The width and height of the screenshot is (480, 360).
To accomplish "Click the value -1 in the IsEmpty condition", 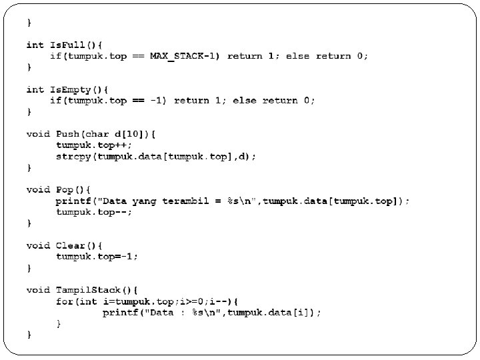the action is (157, 101).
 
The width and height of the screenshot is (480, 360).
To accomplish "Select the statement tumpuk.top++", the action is (93, 145).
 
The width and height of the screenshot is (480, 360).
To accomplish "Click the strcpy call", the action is (73, 156).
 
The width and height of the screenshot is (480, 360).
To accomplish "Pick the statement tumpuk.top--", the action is (93, 211).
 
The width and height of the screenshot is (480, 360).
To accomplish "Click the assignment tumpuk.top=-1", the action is (97, 256).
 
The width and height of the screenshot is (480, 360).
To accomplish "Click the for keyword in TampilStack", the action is (64, 301).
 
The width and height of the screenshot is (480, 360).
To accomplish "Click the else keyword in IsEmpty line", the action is (244, 101).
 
